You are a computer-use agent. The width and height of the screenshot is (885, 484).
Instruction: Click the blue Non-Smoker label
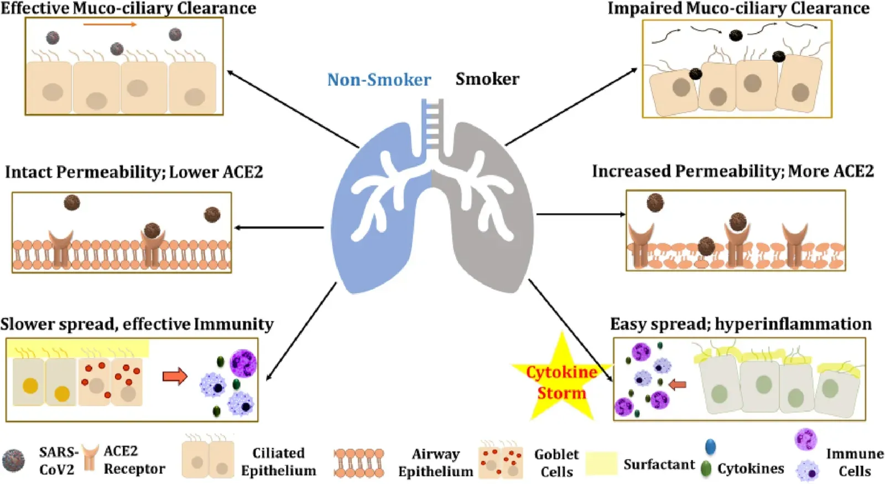click(379, 80)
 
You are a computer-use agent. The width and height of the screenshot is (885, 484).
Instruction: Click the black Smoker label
click(487, 79)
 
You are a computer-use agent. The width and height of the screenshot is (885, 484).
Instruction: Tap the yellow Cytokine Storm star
click(561, 381)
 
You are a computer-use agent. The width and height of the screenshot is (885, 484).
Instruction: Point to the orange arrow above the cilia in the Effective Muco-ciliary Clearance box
click(110, 24)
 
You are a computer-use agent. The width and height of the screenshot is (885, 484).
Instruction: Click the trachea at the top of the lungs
click(432, 124)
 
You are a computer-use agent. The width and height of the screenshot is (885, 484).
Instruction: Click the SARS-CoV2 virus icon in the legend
click(13, 461)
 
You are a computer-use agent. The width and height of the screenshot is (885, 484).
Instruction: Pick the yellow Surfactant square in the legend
click(601, 463)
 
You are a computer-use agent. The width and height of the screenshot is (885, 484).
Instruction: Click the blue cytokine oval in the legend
click(710, 446)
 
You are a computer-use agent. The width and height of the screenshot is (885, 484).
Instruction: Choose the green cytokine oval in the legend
click(706, 469)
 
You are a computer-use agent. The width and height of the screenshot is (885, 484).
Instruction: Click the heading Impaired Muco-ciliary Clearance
click(738, 8)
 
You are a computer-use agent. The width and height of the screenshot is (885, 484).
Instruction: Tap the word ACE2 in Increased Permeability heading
click(853, 171)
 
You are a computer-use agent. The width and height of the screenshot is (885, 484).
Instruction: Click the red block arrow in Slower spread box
click(175, 377)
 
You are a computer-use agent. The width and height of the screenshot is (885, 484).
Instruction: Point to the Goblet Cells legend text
click(556, 463)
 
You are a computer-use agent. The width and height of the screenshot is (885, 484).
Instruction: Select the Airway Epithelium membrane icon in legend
click(359, 463)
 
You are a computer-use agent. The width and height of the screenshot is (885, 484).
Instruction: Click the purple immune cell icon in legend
click(805, 440)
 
